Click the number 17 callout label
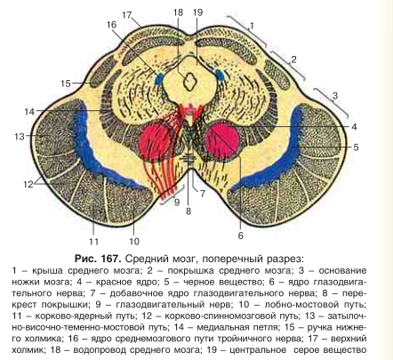pos(126,15)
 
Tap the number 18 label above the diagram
pos(179,12)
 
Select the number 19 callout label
pos(197,12)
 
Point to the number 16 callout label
pos(111,24)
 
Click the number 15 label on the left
pos(66,84)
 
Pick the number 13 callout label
pos(20,137)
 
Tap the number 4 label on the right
pos(354,127)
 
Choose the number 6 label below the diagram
pos(240,236)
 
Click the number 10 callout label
pos(134,242)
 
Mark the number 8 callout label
pos(188,212)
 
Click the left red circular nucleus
pos(155,140)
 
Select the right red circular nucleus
pos(221,138)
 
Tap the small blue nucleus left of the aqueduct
pos(158,79)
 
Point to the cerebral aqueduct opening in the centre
pos(188,82)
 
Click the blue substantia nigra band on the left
pos(98,148)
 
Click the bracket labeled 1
pos(246,29)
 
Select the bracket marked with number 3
pos(331,102)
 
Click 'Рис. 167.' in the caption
pos(98,259)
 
